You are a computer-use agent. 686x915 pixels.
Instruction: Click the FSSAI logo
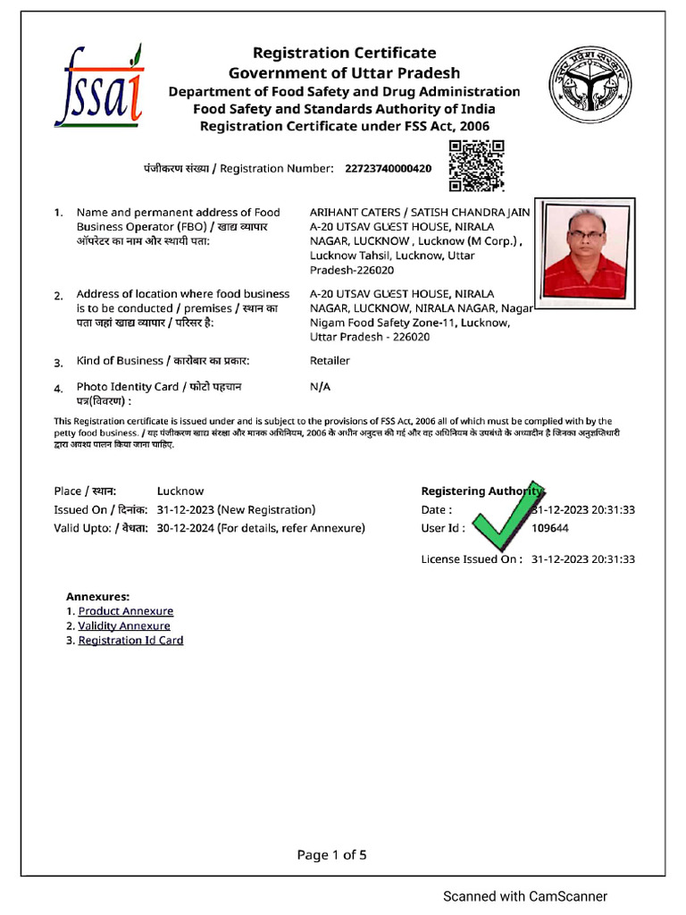[98, 85]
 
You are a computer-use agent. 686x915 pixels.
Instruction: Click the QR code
[475, 166]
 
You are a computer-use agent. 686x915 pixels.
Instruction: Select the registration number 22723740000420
[388, 168]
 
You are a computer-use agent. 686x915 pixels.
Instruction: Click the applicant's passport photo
[585, 248]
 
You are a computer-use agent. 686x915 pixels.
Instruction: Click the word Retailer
[330, 361]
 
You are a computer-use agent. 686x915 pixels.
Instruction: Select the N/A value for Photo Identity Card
[320, 387]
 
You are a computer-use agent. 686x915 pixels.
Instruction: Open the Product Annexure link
[126, 611]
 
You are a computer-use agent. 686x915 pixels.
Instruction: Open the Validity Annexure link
[124, 626]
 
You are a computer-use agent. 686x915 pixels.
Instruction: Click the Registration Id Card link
[130, 641]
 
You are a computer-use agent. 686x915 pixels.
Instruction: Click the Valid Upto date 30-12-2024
[184, 528]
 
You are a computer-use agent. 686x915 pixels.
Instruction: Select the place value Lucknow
[180, 491]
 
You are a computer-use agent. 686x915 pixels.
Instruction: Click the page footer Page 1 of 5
[331, 855]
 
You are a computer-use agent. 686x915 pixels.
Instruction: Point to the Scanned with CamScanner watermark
[525, 896]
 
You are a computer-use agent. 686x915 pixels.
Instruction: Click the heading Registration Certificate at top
[344, 54]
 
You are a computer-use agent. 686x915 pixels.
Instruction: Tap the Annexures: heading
[97, 596]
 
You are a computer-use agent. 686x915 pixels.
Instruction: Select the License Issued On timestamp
[582, 559]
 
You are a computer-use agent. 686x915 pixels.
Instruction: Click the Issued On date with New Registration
[236, 510]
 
